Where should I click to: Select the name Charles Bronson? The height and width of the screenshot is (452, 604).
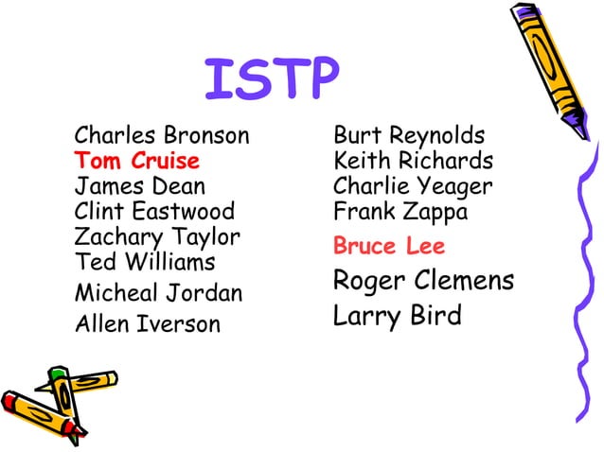(x=162, y=135)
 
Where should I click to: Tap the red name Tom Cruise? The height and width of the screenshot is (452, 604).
(x=137, y=160)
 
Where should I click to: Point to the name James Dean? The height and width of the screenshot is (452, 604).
(x=139, y=185)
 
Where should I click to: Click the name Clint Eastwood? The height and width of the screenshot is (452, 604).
(x=154, y=211)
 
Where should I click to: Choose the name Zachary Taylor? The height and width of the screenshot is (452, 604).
(x=157, y=236)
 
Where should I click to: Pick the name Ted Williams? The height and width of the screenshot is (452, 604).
(x=145, y=261)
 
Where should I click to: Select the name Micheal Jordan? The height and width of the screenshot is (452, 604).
(x=158, y=294)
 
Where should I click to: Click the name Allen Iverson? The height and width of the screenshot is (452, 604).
(x=147, y=324)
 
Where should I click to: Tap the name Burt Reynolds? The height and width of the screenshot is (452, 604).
(x=409, y=135)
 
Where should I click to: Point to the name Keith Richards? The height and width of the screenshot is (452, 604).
(x=413, y=160)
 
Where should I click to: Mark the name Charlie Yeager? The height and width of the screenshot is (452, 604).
(x=413, y=185)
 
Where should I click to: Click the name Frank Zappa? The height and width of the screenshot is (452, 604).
(x=400, y=211)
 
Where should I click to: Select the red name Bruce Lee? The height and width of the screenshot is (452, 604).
(x=389, y=247)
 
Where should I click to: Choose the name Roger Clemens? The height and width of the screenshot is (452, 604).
(x=423, y=281)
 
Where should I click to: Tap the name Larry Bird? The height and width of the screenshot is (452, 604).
(x=398, y=315)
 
